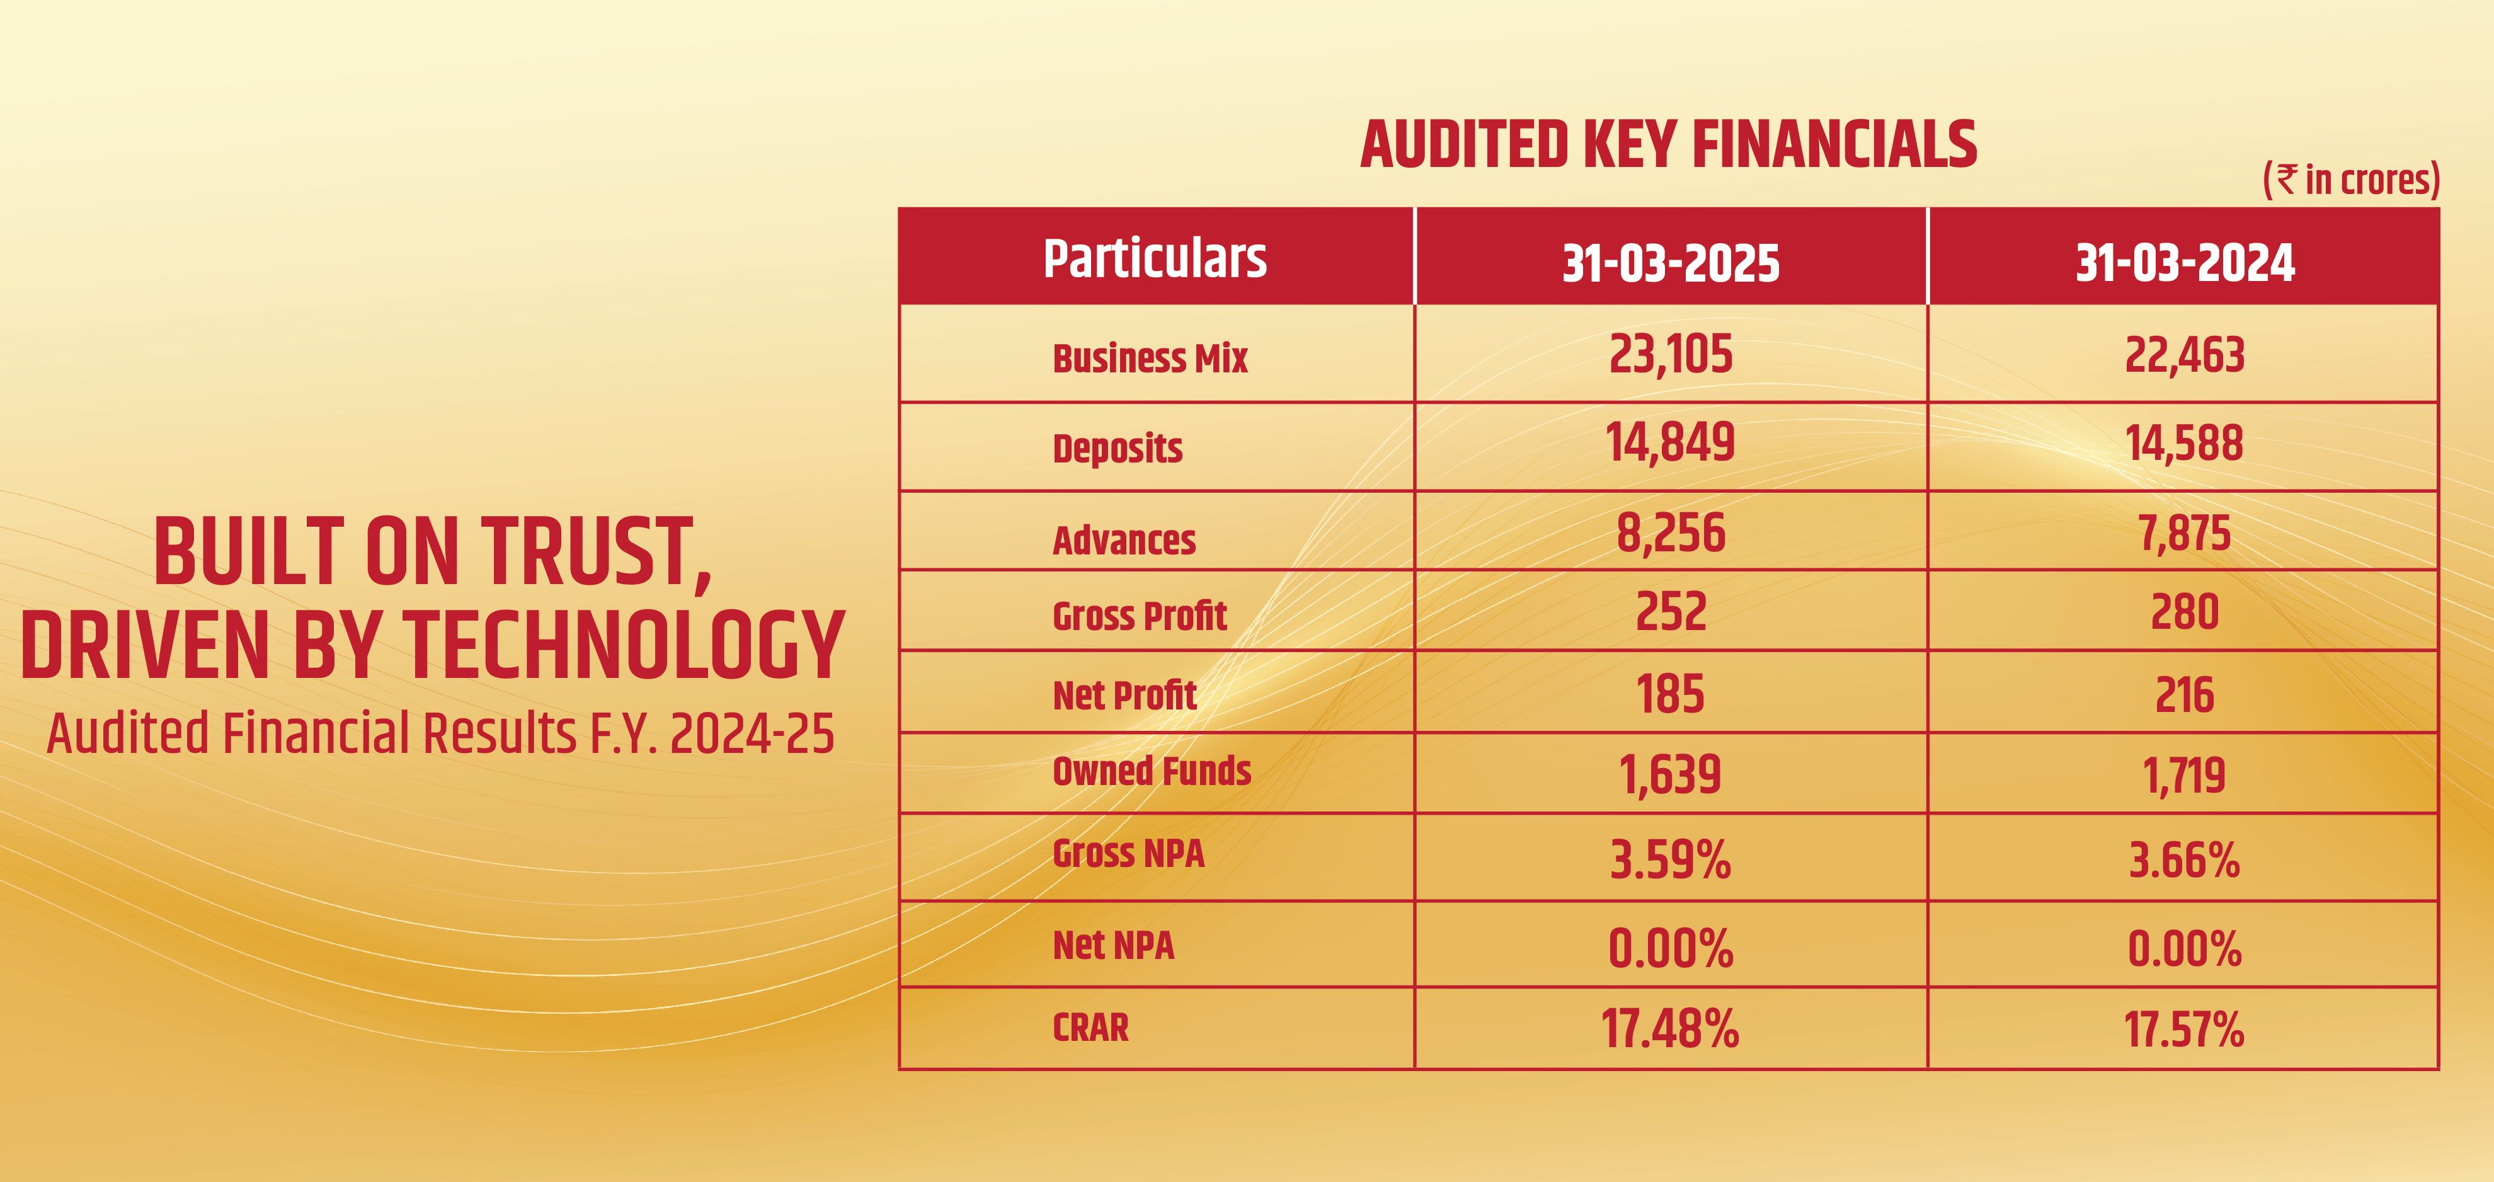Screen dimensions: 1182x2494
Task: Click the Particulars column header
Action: (1154, 258)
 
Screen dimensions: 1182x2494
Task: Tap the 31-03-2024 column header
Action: (2184, 262)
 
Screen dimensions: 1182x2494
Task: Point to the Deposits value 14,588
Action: (2183, 444)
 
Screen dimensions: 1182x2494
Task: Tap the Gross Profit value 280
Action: (2184, 613)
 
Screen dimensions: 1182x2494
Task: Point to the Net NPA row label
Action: (1113, 945)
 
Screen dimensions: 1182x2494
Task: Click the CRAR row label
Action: (1090, 1027)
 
